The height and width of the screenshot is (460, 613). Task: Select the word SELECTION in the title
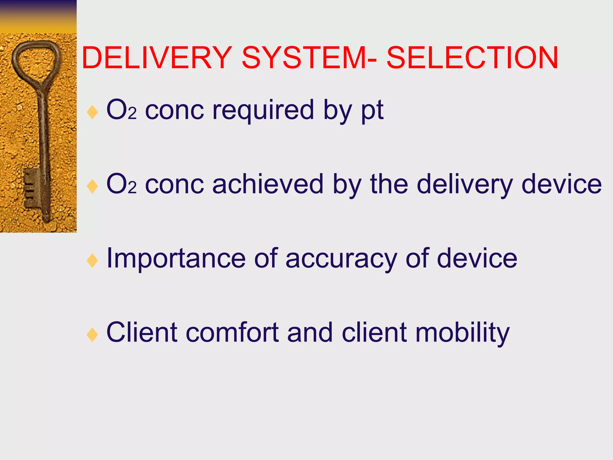(x=472, y=58)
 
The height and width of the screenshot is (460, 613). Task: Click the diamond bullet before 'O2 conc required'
(x=92, y=112)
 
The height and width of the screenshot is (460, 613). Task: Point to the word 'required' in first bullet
(x=263, y=110)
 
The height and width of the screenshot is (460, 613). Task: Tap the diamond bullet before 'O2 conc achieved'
(x=92, y=186)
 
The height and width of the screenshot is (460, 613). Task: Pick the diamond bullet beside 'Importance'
(x=92, y=261)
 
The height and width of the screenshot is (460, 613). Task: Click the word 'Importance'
(x=176, y=259)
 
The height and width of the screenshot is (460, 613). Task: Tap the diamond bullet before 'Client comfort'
(x=92, y=335)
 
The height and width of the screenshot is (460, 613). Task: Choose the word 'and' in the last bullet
(x=310, y=332)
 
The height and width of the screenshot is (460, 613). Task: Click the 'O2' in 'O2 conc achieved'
(x=121, y=184)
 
